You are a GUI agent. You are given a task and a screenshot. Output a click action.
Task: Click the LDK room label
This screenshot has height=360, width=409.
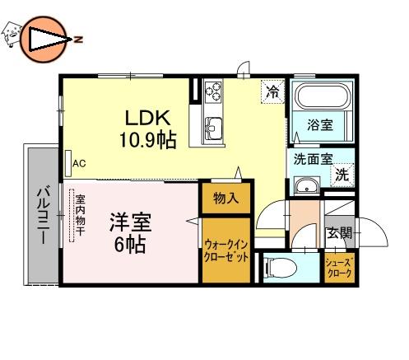click(148, 118)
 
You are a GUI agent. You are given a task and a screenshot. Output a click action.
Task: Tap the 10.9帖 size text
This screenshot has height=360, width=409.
click(147, 140)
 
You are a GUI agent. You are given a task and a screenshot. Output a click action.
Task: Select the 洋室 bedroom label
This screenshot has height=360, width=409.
click(131, 222)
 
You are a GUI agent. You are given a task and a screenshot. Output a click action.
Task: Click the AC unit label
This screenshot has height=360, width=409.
click(79, 164)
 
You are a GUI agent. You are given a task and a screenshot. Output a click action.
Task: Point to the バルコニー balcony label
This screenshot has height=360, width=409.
click(44, 215)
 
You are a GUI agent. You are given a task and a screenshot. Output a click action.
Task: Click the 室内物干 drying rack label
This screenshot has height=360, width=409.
click(80, 215)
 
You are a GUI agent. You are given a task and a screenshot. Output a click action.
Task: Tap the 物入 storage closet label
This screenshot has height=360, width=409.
click(225, 199)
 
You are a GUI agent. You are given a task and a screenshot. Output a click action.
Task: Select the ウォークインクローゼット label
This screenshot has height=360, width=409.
click(226, 250)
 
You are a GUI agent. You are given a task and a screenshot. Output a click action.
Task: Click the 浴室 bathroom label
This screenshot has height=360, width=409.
click(320, 125)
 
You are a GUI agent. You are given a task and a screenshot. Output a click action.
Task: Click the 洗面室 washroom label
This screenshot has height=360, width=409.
click(314, 159)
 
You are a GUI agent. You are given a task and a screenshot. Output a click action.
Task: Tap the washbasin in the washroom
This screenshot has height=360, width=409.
click(307, 186)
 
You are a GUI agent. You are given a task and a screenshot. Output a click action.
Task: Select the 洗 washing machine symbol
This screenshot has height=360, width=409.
click(342, 175)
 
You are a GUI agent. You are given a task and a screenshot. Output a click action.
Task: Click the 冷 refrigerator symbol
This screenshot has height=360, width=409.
click(272, 91)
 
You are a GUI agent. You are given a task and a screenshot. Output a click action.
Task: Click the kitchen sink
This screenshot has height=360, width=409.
click(214, 128)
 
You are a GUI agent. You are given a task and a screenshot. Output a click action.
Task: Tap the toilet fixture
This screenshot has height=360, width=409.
click(280, 267)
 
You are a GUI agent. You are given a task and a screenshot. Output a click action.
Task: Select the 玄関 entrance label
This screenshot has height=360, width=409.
click(340, 233)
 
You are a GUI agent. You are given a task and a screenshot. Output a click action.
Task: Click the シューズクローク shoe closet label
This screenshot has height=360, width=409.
click(339, 268)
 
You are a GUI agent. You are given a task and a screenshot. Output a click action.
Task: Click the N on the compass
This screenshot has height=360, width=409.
click(79, 40)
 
